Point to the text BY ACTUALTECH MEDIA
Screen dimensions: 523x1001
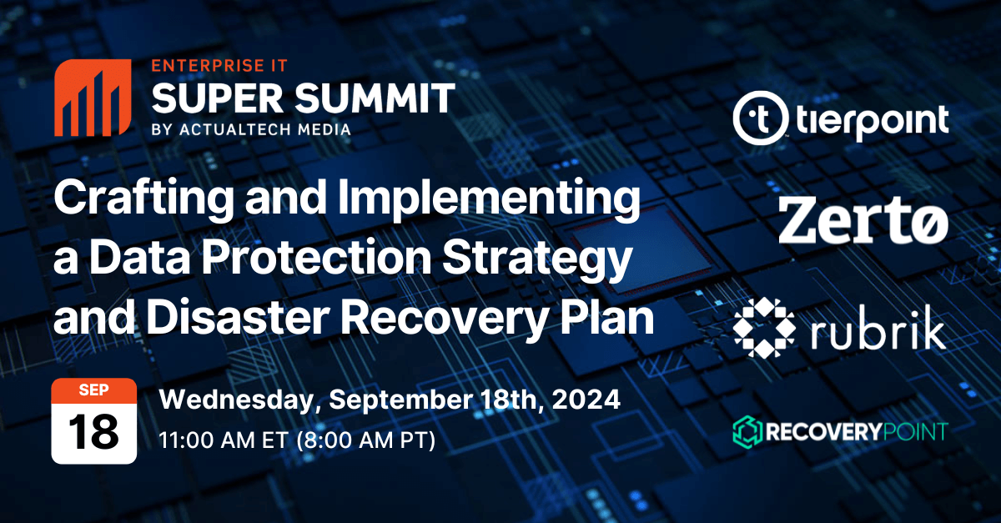click(x=251, y=129)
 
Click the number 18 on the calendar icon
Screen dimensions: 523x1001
click(x=93, y=433)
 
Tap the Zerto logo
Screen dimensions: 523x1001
click(x=863, y=220)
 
